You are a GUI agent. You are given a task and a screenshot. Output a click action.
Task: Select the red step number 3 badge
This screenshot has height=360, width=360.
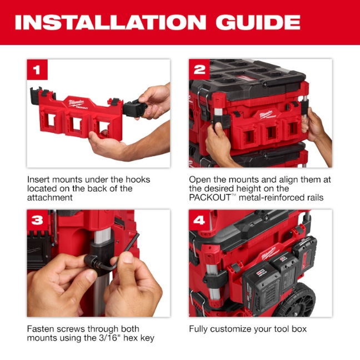(37, 220)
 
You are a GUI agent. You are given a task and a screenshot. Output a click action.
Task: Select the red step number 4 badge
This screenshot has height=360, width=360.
(199, 220)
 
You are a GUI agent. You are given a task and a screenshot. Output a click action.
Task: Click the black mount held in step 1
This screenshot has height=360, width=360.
(135, 107)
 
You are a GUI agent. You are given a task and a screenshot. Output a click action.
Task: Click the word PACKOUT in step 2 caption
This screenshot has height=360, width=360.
(207, 197)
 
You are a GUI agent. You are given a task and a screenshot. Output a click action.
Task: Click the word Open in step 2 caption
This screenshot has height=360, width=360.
(199, 179)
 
